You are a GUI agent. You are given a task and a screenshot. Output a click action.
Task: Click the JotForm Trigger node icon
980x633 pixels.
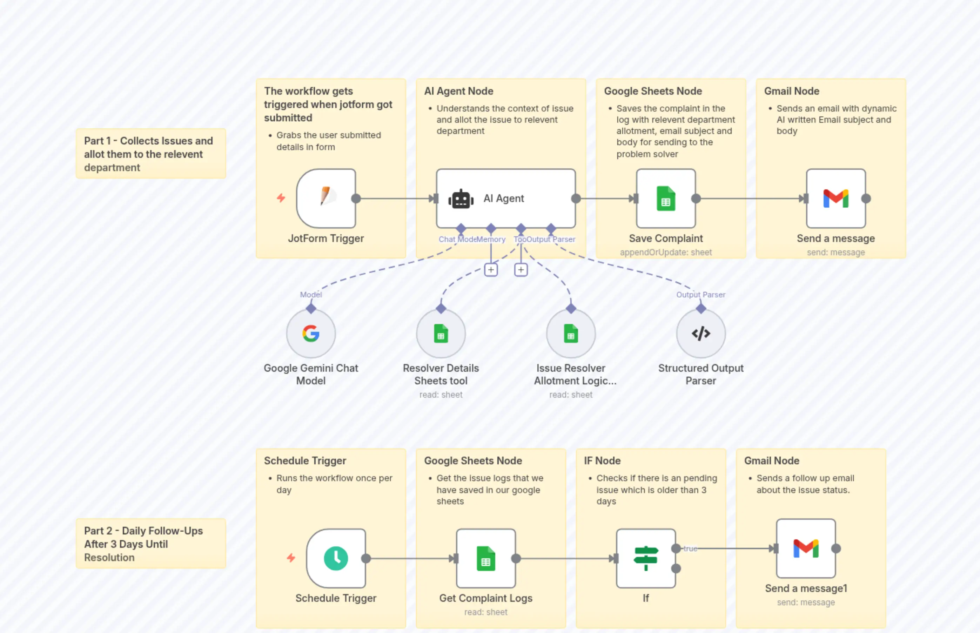click(326, 198)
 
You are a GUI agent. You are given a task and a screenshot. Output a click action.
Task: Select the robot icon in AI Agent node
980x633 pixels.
click(461, 199)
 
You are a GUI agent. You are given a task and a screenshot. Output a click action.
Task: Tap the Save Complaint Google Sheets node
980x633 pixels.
click(665, 198)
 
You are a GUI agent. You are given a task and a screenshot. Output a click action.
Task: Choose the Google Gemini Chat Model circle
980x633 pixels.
click(311, 334)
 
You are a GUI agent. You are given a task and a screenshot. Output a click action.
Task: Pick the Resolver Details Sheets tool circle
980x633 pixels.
click(441, 334)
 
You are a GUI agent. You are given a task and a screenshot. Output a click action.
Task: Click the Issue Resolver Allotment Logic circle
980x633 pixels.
click(571, 334)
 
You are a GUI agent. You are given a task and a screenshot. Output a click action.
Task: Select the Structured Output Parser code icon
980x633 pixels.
click(700, 334)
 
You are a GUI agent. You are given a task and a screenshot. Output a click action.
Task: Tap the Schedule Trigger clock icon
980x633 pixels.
click(336, 558)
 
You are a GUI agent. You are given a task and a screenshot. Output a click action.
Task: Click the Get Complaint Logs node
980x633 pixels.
click(485, 558)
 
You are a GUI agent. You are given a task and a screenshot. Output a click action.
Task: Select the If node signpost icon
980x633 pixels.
click(645, 558)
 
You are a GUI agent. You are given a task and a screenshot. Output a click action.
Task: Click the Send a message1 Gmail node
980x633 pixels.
click(805, 548)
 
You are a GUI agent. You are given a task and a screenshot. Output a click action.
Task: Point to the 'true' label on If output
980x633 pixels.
click(690, 548)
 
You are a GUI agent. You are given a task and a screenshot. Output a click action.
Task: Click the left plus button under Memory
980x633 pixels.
click(491, 270)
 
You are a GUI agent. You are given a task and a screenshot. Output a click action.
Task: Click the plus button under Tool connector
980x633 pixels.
click(521, 270)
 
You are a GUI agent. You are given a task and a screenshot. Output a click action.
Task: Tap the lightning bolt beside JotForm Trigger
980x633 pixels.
click(281, 198)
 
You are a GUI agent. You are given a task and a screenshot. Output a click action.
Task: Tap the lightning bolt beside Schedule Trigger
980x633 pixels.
click(291, 558)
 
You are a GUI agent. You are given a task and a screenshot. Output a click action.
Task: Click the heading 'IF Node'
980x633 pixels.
click(602, 461)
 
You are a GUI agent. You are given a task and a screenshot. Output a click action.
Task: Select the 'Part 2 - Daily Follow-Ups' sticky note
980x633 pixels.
click(150, 543)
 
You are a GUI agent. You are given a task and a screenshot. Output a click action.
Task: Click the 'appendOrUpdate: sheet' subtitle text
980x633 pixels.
click(665, 252)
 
